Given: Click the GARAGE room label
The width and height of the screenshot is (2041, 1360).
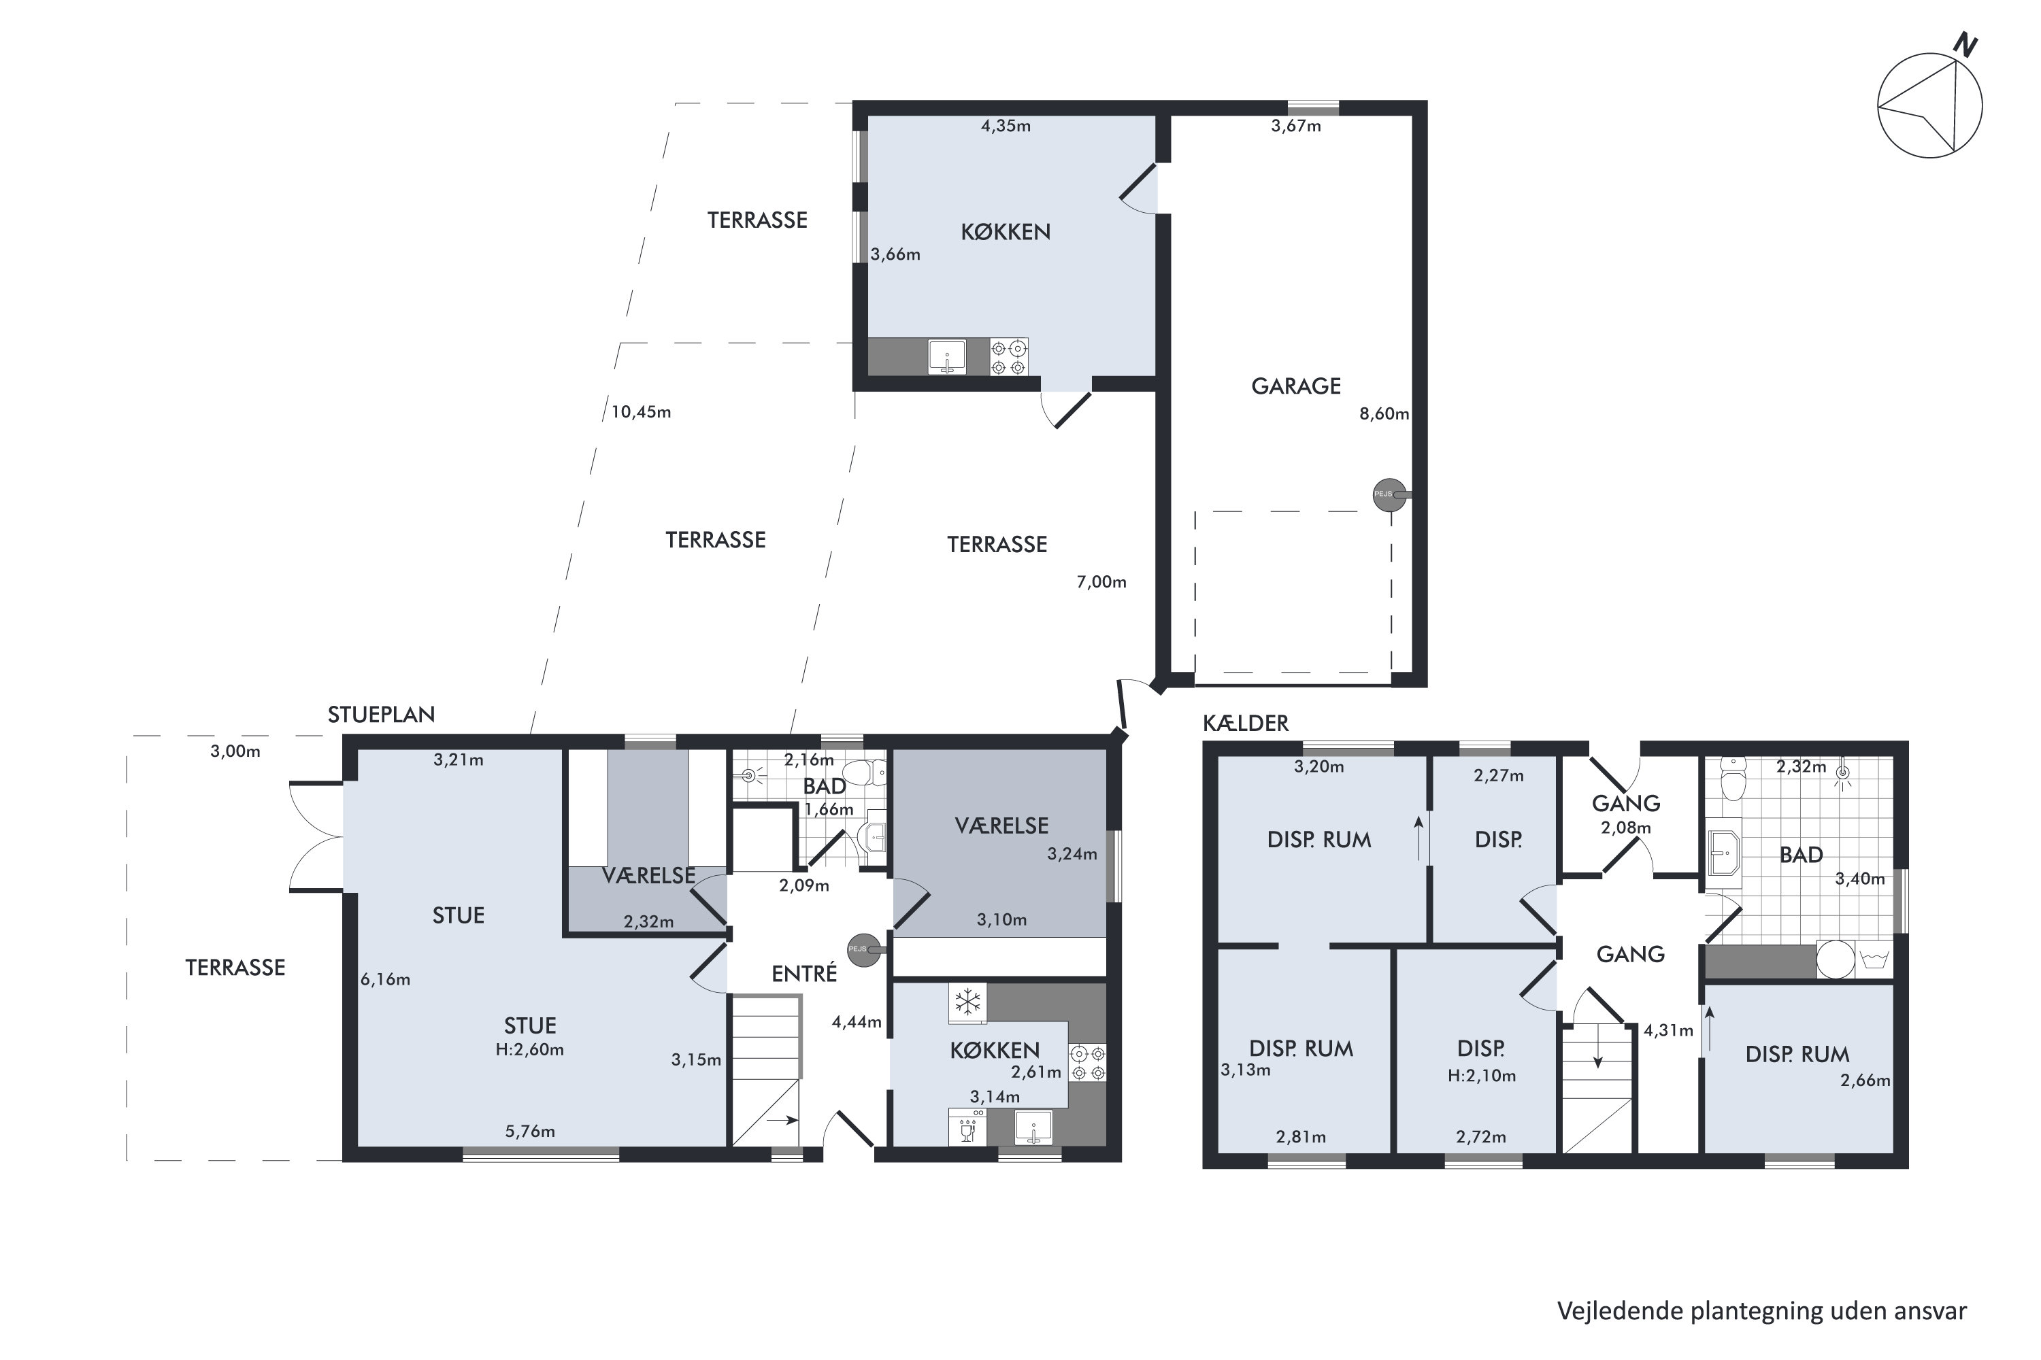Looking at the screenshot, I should click(x=1295, y=386).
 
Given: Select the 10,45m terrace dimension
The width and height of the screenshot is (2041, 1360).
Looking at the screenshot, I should click(x=640, y=412).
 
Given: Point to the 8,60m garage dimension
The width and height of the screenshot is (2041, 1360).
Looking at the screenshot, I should click(x=1383, y=413).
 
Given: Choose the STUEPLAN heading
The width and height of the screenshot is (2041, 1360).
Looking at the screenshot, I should click(x=381, y=715).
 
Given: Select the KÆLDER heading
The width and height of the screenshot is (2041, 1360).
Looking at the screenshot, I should click(x=1245, y=724).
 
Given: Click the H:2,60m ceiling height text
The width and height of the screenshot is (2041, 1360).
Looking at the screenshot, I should click(x=529, y=1049).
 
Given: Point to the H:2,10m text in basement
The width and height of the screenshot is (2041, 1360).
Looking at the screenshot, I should click(x=1481, y=1076).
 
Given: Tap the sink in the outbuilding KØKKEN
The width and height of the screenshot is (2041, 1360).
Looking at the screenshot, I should click(x=947, y=356).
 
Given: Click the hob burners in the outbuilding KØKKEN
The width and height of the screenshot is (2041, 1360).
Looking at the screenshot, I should click(x=1008, y=356).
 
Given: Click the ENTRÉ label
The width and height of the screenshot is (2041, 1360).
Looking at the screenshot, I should click(x=803, y=974).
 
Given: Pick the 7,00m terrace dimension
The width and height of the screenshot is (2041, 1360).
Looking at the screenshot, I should click(x=1101, y=582).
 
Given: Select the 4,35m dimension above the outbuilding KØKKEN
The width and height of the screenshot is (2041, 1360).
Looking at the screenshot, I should click(x=1006, y=126).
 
